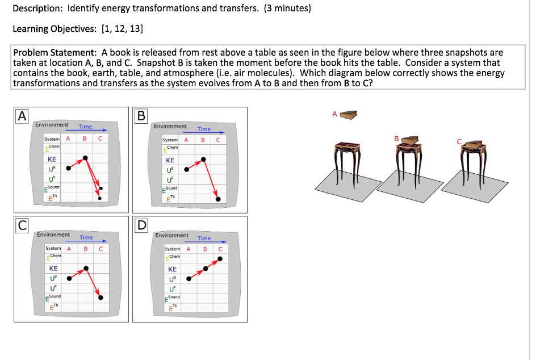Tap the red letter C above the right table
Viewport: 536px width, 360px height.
point(460,142)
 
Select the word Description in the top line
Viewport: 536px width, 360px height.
point(37,9)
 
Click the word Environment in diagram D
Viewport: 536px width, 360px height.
point(171,235)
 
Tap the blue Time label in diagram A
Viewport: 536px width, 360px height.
point(85,127)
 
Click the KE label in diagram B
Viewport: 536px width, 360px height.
point(170,160)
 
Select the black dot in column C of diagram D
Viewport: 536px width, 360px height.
point(220,259)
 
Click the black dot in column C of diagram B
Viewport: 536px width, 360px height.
point(217,199)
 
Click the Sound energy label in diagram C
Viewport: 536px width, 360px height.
point(54,297)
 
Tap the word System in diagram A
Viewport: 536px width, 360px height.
point(53,139)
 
